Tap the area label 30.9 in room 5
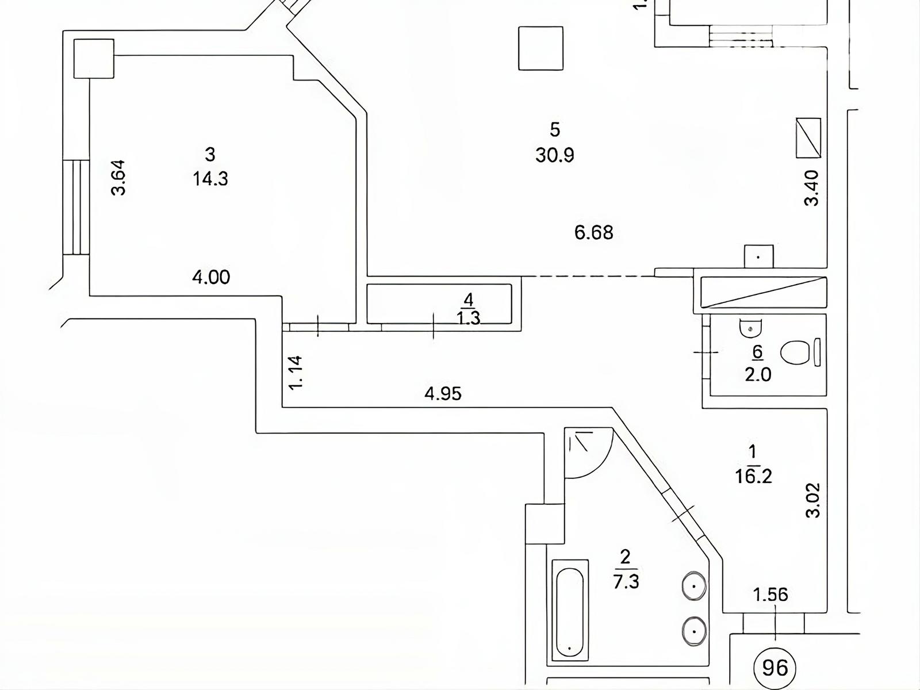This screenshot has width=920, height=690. (x=554, y=155)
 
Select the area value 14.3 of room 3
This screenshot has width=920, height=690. (x=210, y=179)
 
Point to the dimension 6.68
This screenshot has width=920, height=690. (x=593, y=232)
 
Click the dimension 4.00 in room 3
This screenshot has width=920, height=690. (x=211, y=277)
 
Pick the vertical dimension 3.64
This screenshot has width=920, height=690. (x=118, y=178)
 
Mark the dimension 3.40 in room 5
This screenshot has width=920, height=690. (x=811, y=187)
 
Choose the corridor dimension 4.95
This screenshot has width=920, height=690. (x=443, y=394)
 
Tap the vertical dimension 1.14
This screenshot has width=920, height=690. (x=296, y=373)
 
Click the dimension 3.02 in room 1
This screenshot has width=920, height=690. (x=813, y=500)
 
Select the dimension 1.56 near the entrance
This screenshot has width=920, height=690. (x=770, y=595)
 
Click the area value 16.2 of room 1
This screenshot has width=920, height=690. (x=753, y=476)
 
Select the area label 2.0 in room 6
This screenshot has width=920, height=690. (x=758, y=374)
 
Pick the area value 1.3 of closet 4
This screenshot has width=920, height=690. (x=469, y=319)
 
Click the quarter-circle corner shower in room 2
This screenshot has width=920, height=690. (x=588, y=453)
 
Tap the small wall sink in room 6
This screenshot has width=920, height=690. (x=750, y=328)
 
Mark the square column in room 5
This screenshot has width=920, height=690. (x=540, y=48)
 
